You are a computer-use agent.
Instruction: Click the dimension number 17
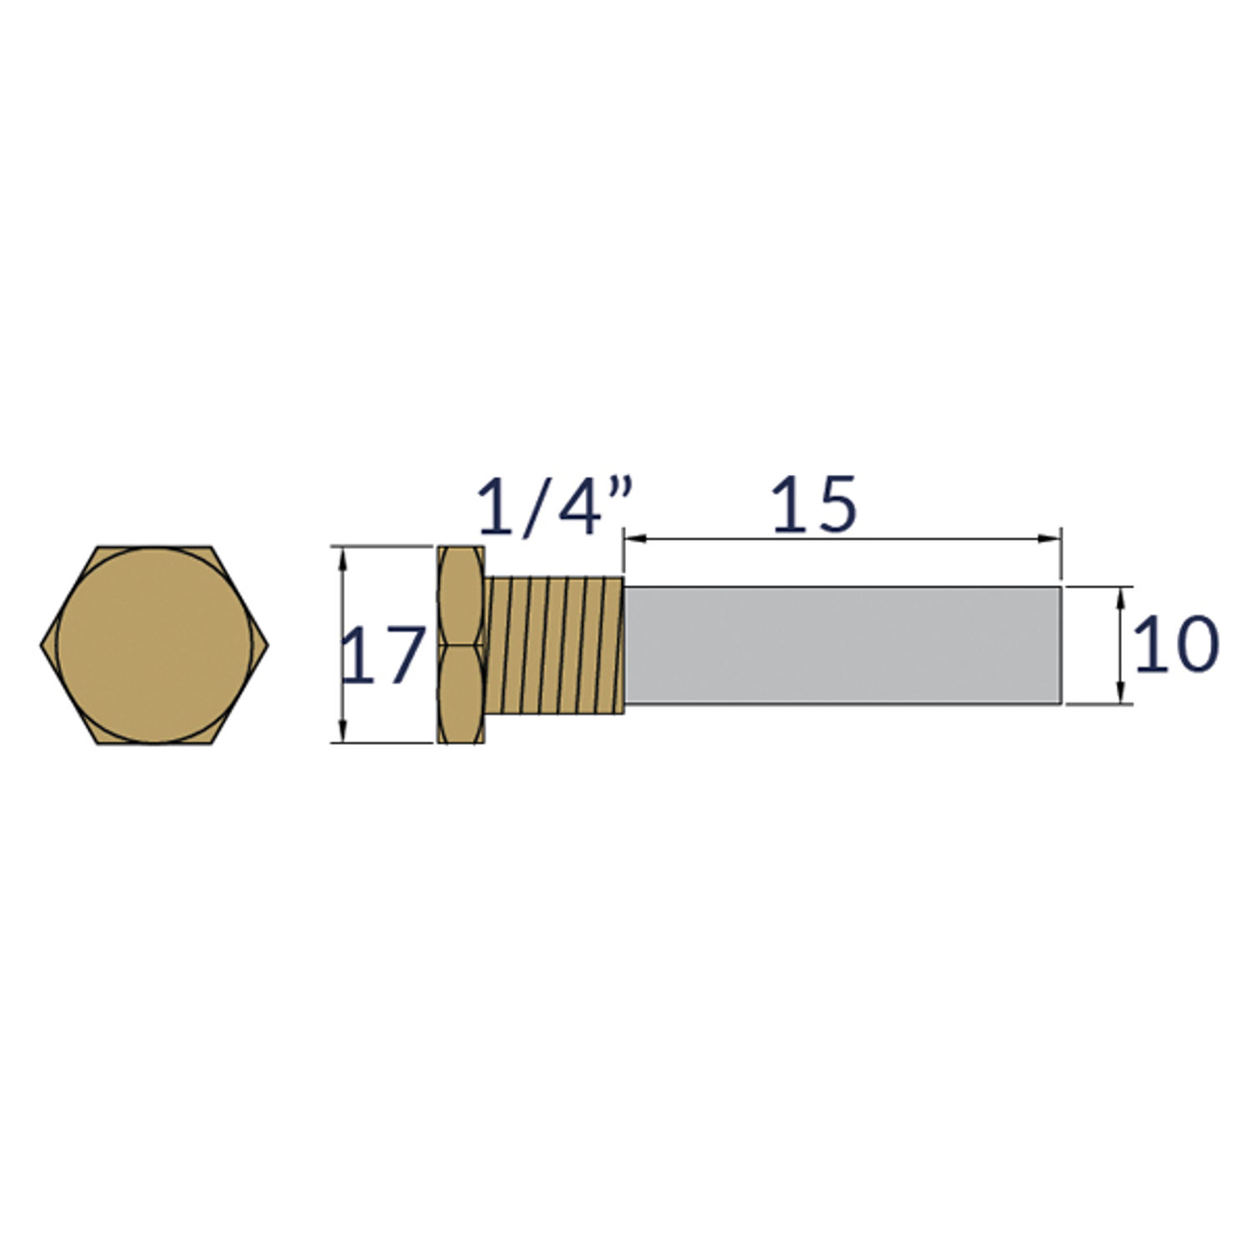[382, 656]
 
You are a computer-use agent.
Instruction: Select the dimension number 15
[814, 505]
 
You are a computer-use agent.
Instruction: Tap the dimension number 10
[1176, 644]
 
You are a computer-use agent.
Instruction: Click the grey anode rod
[842, 645]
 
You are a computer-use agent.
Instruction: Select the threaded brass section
[555, 645]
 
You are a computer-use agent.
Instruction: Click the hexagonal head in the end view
[155, 645]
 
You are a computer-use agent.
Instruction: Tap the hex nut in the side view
[460, 645]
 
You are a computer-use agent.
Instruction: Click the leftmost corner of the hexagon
[42, 645]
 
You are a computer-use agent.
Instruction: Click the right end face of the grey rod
[1060, 645]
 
